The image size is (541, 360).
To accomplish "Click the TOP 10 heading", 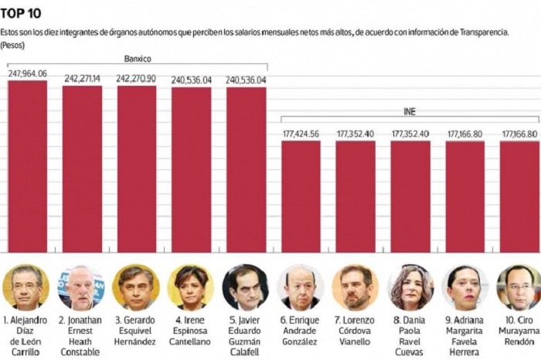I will pyautogui.click(x=22, y=13).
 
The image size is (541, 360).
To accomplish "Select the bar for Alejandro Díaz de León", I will pyautogui.click(x=27, y=166).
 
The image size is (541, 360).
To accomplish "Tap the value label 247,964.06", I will pyautogui.click(x=27, y=73).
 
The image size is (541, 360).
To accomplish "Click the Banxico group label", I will pyautogui.click(x=138, y=59).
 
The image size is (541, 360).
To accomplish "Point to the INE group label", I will pyautogui.click(x=410, y=112).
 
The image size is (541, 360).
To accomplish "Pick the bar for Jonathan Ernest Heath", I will pyautogui.click(x=82, y=168).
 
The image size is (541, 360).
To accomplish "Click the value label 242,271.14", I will pyautogui.click(x=82, y=79).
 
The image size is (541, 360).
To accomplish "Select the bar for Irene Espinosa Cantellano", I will pyautogui.click(x=191, y=170).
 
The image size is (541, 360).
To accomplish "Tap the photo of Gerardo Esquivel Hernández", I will pyautogui.click(x=136, y=287).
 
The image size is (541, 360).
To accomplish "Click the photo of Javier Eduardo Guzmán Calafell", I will pyautogui.click(x=246, y=287).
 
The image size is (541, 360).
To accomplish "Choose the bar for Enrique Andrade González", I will pyautogui.click(x=301, y=196).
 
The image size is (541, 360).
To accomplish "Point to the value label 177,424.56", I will pyautogui.click(x=301, y=134).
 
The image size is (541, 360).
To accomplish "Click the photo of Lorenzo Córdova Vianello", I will pyautogui.click(x=356, y=287).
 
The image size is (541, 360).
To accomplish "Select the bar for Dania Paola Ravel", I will pyautogui.click(x=410, y=196).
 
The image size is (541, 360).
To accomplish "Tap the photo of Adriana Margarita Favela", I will pyautogui.click(x=465, y=287).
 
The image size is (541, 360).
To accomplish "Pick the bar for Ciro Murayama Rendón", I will pyautogui.click(x=519, y=196).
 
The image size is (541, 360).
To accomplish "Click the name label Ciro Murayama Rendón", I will pyautogui.click(x=519, y=331).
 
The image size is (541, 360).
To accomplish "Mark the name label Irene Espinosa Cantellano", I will pyautogui.click(x=191, y=331).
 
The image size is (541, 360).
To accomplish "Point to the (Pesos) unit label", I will pyautogui.click(x=13, y=46).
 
